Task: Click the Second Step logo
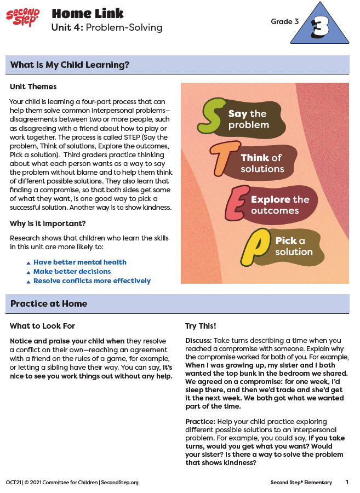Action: (22, 18)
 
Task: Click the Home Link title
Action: (87, 13)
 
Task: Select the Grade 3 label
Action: (284, 22)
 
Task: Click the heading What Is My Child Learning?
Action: (70, 65)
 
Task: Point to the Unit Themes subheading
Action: (33, 87)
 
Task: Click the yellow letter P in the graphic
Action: (255, 247)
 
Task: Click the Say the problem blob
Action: (253, 119)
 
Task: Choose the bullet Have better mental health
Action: (79, 262)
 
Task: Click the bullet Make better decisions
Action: (72, 272)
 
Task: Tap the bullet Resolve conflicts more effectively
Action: (92, 281)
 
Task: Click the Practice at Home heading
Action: (49, 304)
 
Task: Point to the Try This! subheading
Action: (201, 326)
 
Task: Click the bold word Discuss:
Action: (198, 340)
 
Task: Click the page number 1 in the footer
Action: (347, 483)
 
